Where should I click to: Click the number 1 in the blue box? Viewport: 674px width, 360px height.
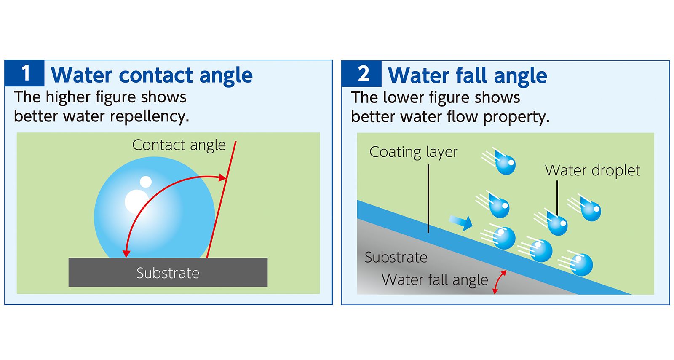pyautogui.click(x=26, y=73)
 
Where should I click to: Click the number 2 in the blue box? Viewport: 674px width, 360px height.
pyautogui.click(x=363, y=73)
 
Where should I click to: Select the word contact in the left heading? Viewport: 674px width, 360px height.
pyautogui.click(x=156, y=75)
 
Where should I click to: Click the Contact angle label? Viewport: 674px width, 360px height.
pyautogui.click(x=179, y=145)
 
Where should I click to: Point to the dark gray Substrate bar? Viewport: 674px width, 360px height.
pyautogui.click(x=168, y=273)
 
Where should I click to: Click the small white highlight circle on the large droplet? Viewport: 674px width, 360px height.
pyautogui.click(x=146, y=182)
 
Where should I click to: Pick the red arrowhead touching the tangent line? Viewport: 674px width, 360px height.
pyautogui.click(x=222, y=178)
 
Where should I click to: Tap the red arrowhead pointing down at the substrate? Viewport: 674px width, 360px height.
pyautogui.click(x=126, y=253)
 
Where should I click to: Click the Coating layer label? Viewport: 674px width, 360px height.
pyautogui.click(x=413, y=152)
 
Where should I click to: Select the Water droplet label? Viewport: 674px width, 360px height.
pyautogui.click(x=592, y=171)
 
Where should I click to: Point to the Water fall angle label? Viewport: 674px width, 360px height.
pyautogui.click(x=435, y=280)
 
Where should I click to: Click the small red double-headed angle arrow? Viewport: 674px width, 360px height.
pyautogui.click(x=499, y=282)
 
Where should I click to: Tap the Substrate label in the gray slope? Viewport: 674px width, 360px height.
pyautogui.click(x=396, y=257)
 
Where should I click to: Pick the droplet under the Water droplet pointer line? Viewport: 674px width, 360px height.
pyautogui.click(x=558, y=224)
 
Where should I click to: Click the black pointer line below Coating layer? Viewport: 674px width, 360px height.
pyautogui.click(x=428, y=198)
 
